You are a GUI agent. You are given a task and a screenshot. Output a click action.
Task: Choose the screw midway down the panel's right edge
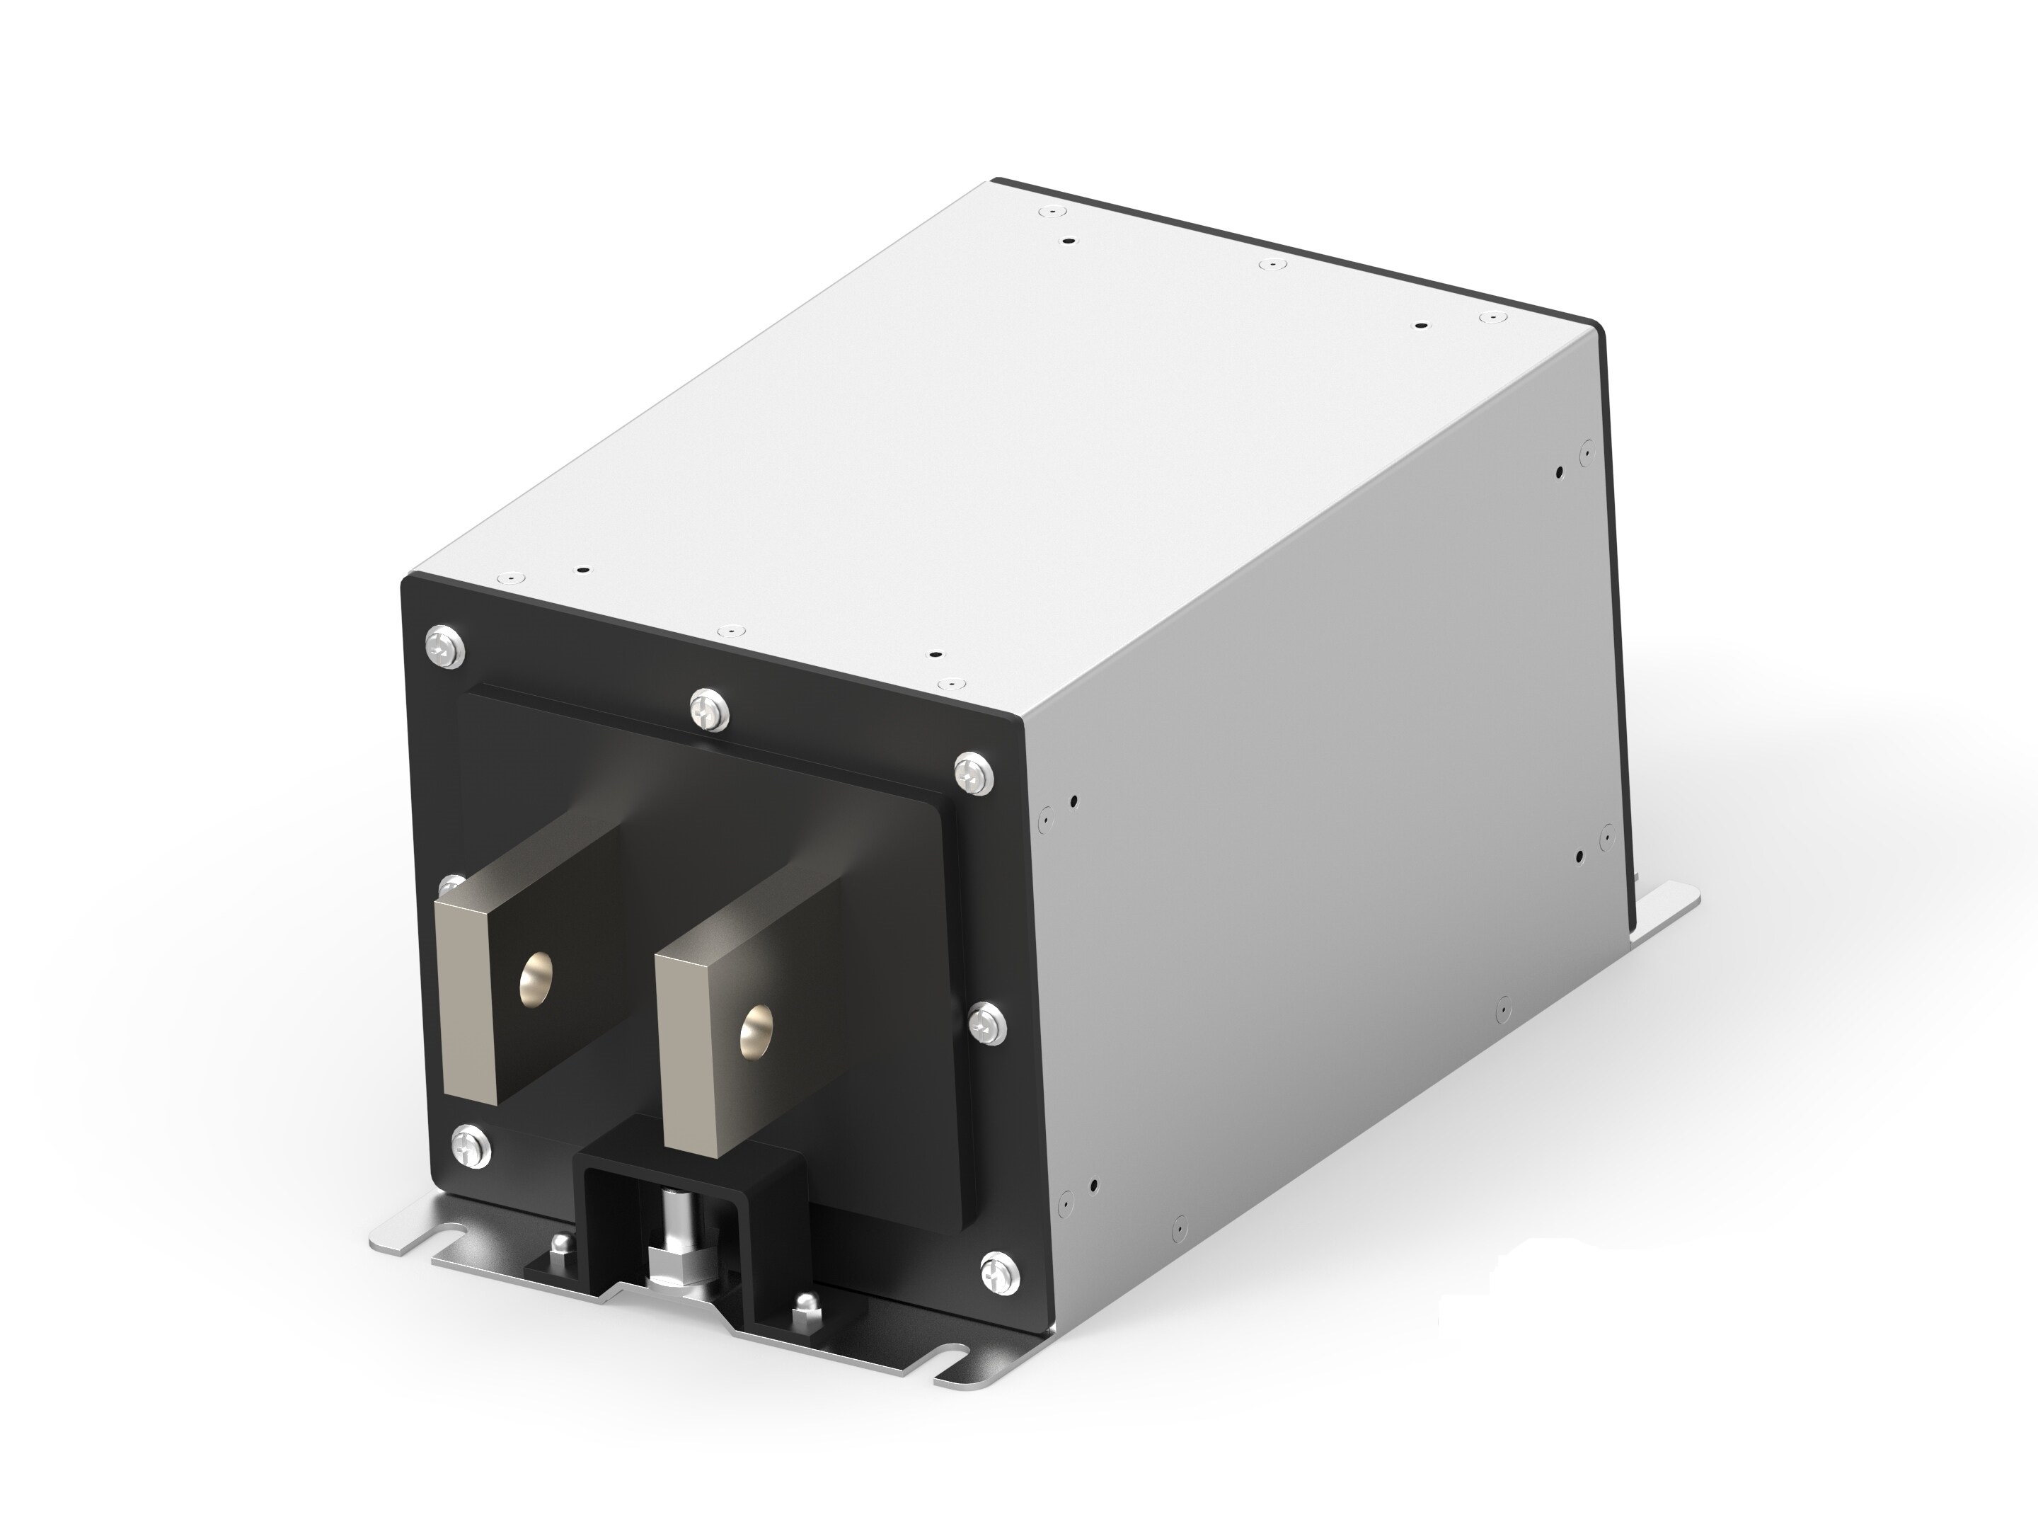(989, 1021)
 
